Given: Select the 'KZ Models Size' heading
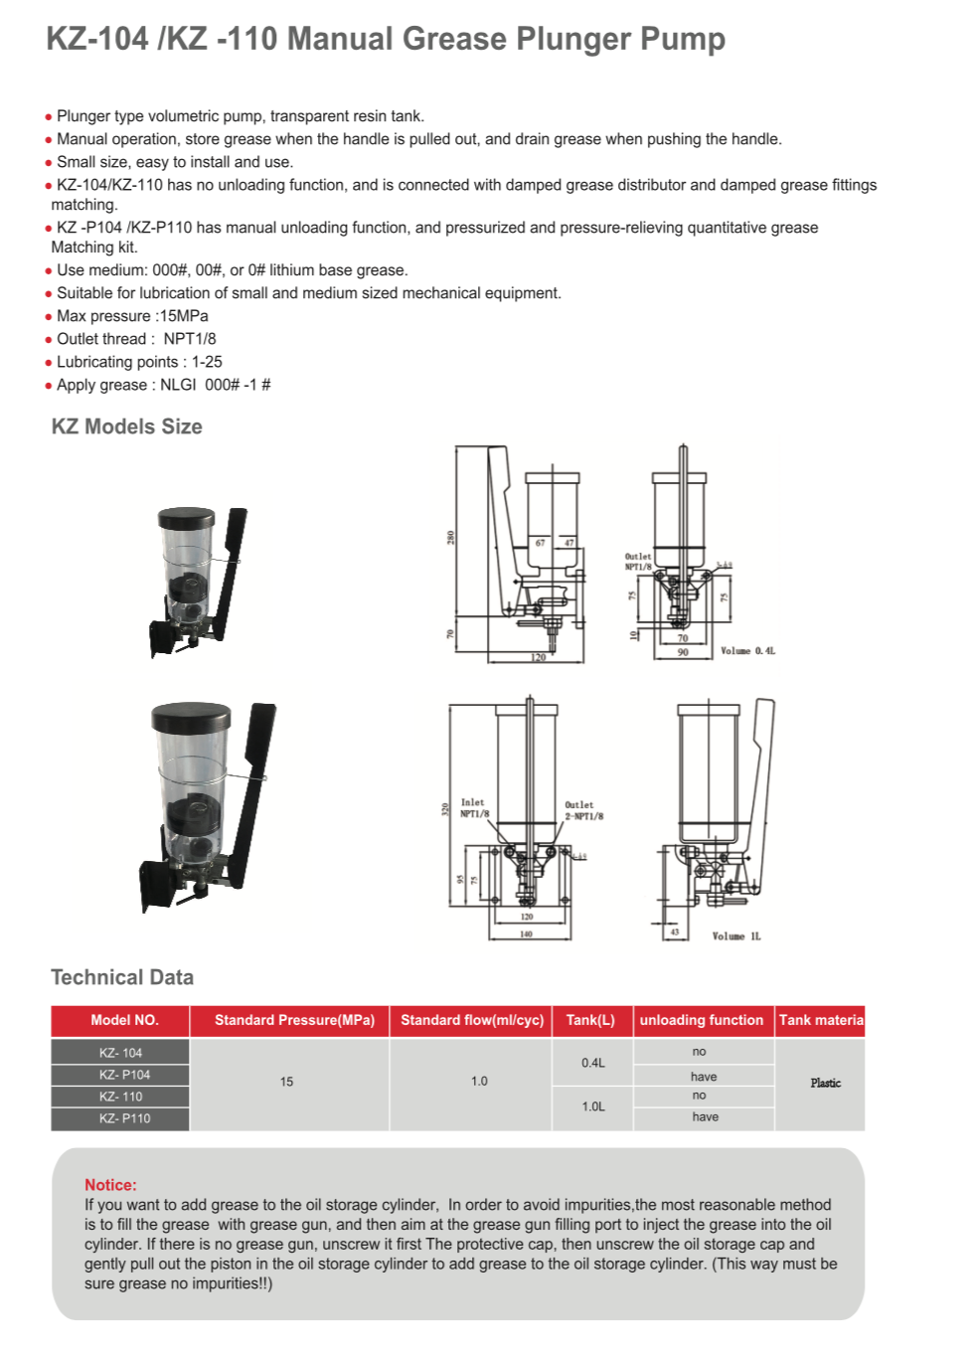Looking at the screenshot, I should tap(126, 426).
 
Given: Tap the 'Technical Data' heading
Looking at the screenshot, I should tap(122, 977).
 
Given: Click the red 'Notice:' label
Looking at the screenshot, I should tap(110, 1185).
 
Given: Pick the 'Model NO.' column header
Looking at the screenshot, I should tap(124, 1020).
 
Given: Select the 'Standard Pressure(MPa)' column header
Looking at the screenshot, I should tap(294, 1020).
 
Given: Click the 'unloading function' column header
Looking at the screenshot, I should tap(701, 1020).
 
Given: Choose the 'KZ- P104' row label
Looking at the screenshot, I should tap(124, 1075).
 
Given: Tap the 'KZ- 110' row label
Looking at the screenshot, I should tap(120, 1097).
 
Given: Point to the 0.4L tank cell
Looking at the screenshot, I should tap(593, 1063).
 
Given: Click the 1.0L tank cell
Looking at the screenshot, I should tap(593, 1106).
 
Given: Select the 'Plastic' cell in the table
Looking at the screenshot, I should tap(825, 1083).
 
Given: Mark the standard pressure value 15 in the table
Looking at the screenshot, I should tap(286, 1082).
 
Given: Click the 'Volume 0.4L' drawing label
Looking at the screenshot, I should tap(747, 651).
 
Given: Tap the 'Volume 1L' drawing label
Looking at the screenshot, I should tap(736, 936).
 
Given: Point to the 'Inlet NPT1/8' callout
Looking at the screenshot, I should tap(474, 808).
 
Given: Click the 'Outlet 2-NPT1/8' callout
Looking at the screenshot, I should tap(583, 810).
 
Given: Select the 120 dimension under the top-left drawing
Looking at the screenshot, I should tap(538, 658).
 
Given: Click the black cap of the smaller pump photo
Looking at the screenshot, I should tap(186, 518).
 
